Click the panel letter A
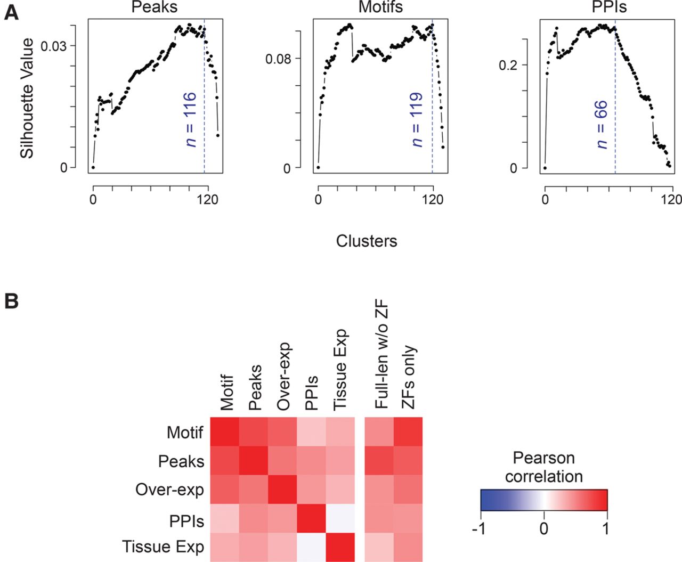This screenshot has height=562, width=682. click(x=11, y=13)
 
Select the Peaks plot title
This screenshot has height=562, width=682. click(x=154, y=7)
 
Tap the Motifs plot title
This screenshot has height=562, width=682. click(x=380, y=6)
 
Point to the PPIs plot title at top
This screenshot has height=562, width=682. click(x=609, y=6)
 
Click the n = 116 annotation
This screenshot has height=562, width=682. click(x=190, y=119)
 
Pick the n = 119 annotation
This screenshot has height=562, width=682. click(x=417, y=119)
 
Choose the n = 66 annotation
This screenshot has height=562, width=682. click(x=602, y=125)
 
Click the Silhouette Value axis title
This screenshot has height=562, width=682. click(x=27, y=99)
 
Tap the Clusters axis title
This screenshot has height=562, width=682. click(x=367, y=241)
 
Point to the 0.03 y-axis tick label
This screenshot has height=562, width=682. click(x=54, y=46)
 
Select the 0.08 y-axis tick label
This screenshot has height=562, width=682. click(x=278, y=60)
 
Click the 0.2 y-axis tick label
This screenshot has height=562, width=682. click(x=508, y=66)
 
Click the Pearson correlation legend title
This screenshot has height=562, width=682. click(x=544, y=467)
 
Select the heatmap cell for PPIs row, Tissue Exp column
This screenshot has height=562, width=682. click(x=340, y=518)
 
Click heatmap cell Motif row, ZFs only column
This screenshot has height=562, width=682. click(x=408, y=431)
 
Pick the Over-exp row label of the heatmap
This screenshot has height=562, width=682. click(x=169, y=490)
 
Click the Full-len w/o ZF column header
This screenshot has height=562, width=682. click(x=381, y=355)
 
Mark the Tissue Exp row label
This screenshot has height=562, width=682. click(x=163, y=547)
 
